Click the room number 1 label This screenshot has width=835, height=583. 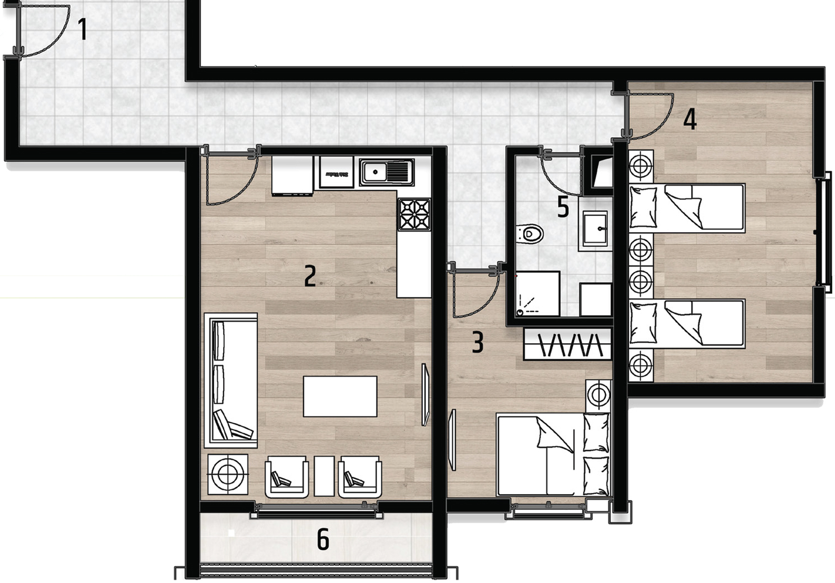[83, 29]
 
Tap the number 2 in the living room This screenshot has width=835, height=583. [310, 276]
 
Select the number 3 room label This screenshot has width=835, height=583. [478, 342]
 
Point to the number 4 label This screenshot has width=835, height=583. [690, 119]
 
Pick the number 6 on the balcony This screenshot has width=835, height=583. [323, 539]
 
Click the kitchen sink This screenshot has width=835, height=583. [386, 172]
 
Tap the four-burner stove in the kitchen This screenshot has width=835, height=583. [415, 214]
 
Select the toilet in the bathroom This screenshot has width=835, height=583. [530, 234]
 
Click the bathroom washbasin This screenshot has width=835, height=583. [595, 229]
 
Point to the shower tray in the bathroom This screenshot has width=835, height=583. [537, 294]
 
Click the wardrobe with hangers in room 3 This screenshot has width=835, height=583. [567, 344]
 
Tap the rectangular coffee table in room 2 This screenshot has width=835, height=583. [340, 396]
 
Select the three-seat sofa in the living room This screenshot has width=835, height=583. [231, 380]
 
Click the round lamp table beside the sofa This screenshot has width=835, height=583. [228, 474]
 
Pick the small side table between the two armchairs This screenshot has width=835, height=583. [324, 476]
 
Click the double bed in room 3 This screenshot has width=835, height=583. [554, 455]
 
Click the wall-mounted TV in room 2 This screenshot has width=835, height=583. [425, 394]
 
